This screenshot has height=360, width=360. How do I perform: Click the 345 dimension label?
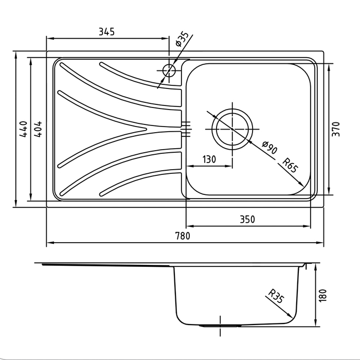tap(106, 32)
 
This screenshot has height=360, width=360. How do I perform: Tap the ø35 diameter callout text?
tap(182, 39)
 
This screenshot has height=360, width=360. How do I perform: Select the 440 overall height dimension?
tap(24, 129)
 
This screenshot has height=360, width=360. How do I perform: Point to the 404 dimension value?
tap(38, 129)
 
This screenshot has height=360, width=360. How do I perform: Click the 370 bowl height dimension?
tap(336, 129)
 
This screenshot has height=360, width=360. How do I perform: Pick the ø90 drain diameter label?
tap(270, 148)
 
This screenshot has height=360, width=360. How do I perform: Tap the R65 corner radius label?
tap(290, 165)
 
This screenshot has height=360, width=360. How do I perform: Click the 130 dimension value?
tap(209, 159)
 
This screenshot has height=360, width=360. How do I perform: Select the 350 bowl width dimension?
tap(247, 220)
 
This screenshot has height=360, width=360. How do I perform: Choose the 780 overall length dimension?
tap(183, 236)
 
